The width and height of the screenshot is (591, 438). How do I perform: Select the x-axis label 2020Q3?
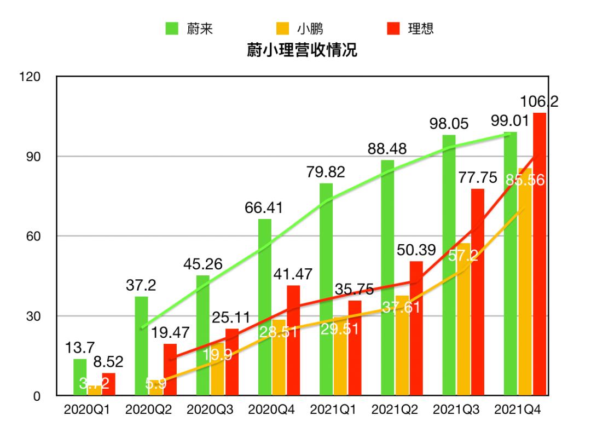click(x=210, y=410)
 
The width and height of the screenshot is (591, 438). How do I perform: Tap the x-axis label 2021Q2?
click(x=395, y=410)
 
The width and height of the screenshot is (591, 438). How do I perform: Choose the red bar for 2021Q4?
click(x=539, y=254)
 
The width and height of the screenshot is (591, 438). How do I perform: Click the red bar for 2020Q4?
click(x=293, y=340)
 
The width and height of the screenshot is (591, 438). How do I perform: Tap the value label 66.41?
click(x=264, y=208)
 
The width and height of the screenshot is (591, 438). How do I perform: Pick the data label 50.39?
click(x=416, y=251)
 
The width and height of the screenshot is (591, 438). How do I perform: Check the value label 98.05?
click(x=448, y=124)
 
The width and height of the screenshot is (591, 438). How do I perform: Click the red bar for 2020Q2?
click(x=170, y=370)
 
